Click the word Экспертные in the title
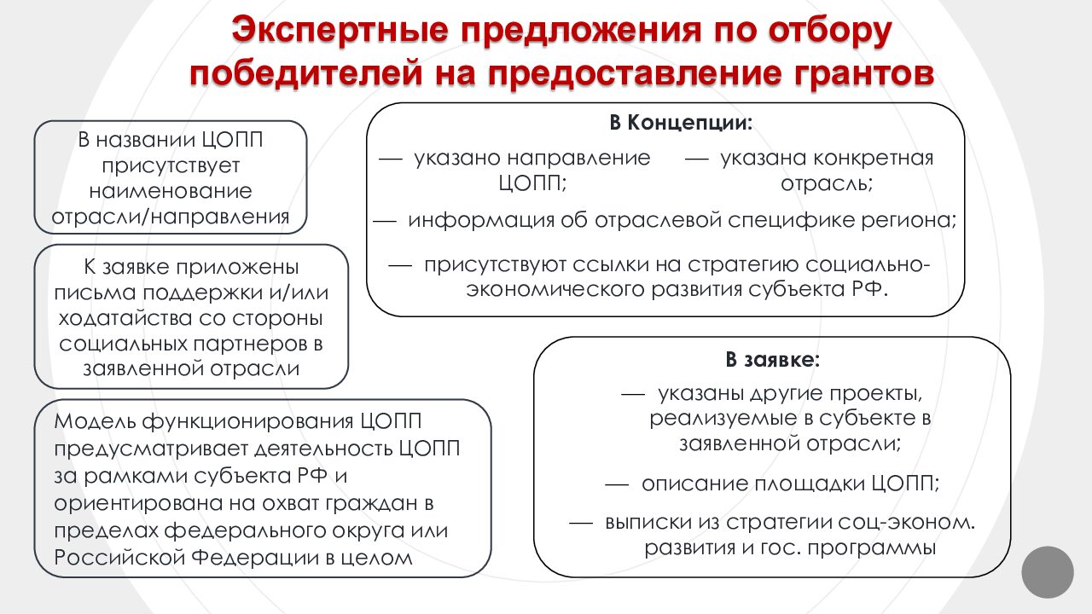pyautogui.click(x=340, y=30)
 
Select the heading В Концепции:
pyautogui.click(x=681, y=122)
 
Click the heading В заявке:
pyautogui.click(x=773, y=360)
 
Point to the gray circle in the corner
pyautogui.click(x=1048, y=572)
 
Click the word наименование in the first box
pyautogui.click(x=171, y=190)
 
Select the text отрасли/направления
pyautogui.click(x=171, y=217)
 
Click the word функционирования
pyautogui.click(x=248, y=421)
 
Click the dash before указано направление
pyautogui.click(x=391, y=159)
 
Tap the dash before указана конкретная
pyautogui.click(x=697, y=159)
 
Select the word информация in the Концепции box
pyautogui.click(x=481, y=220)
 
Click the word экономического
pyautogui.click(x=555, y=290)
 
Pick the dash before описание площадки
pyautogui.click(x=617, y=485)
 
